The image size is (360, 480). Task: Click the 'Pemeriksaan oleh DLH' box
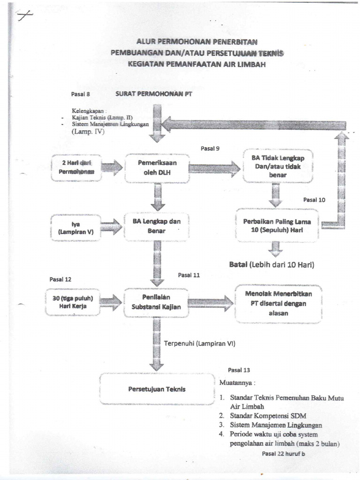point(157,168)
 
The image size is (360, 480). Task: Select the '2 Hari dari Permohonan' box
point(76,167)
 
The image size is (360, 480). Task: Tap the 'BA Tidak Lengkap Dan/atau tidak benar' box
point(277,166)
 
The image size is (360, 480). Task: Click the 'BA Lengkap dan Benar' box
point(156,226)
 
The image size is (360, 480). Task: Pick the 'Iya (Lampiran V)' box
point(75,228)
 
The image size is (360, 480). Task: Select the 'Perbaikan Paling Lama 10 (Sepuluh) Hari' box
point(277,225)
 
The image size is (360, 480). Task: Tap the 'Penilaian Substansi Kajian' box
point(156,302)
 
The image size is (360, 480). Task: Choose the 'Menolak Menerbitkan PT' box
point(278,303)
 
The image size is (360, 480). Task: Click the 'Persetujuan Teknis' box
point(157,389)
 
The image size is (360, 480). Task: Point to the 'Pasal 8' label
point(80,94)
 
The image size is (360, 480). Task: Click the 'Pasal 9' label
point(210,149)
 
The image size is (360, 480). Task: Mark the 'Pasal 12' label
point(60,279)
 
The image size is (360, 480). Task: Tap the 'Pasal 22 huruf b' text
point(283,453)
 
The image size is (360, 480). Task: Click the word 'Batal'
point(238,265)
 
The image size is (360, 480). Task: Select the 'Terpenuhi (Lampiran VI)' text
point(199,344)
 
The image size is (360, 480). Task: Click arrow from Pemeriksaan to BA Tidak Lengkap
point(215,168)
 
